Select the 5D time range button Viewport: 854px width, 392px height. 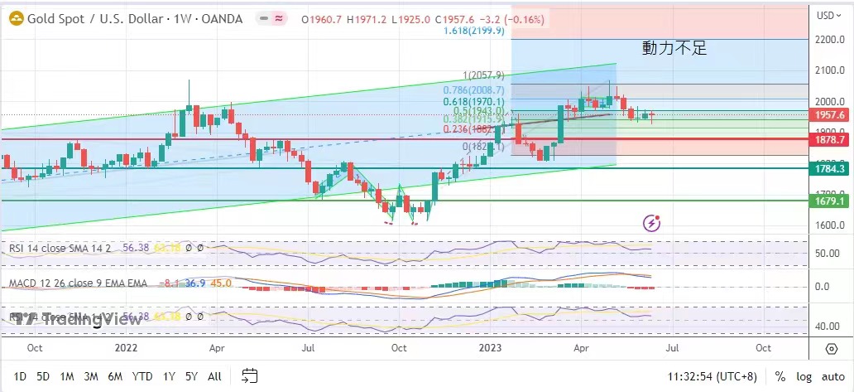click(43, 376)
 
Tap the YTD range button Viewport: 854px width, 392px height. click(142, 376)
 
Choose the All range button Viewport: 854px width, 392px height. click(214, 376)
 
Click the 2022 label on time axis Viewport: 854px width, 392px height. click(126, 348)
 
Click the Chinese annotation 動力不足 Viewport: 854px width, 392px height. click(674, 48)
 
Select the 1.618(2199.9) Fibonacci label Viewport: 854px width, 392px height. click(473, 31)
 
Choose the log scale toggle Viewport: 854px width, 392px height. click(804, 376)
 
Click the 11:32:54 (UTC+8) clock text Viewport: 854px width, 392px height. click(712, 376)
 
